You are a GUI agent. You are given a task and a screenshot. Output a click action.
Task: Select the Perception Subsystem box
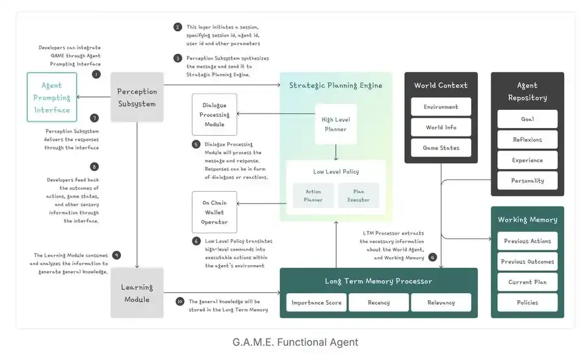(x=136, y=97)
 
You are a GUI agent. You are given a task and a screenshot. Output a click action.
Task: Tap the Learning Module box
(x=136, y=294)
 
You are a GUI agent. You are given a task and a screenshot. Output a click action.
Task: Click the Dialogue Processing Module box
(x=214, y=114)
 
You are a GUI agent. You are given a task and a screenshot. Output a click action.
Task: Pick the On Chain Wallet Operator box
(x=214, y=212)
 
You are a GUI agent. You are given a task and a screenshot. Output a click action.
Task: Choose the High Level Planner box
(x=335, y=124)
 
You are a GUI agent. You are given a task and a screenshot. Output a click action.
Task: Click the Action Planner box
(x=313, y=195)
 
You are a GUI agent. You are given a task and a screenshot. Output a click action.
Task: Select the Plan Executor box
(x=358, y=195)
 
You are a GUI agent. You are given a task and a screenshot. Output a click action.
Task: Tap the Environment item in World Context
(x=441, y=107)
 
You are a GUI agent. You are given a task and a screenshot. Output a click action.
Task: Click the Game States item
(x=441, y=148)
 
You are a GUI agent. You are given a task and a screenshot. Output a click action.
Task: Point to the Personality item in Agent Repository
(x=527, y=180)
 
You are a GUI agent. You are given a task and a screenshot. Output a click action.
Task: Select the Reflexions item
(x=527, y=140)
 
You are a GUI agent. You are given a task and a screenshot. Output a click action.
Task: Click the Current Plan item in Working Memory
(x=527, y=282)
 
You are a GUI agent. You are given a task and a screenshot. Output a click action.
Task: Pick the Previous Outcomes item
(x=527, y=262)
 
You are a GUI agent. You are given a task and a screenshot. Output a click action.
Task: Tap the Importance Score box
(x=316, y=303)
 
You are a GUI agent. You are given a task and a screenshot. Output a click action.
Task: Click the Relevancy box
(x=441, y=303)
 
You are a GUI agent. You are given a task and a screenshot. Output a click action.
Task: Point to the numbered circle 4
(x=433, y=257)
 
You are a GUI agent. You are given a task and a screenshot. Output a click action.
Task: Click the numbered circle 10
(x=180, y=302)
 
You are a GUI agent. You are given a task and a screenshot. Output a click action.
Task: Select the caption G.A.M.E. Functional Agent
(x=295, y=342)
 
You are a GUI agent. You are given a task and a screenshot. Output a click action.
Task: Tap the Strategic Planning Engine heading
(x=335, y=85)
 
